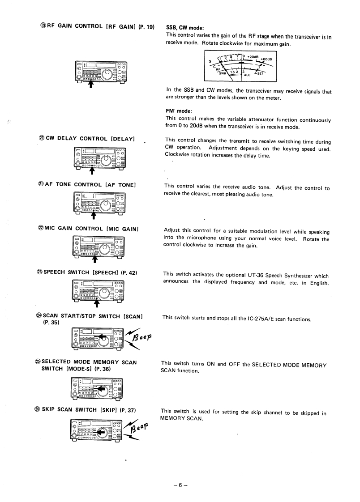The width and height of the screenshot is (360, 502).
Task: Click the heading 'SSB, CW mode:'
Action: (x=185, y=27)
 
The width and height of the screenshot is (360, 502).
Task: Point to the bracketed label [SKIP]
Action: (x=105, y=410)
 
